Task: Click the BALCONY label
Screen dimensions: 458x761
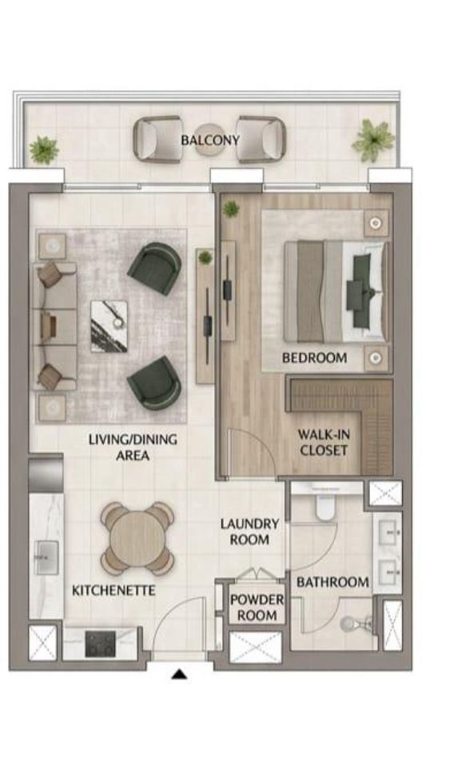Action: (x=210, y=140)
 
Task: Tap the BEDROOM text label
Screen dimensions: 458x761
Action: (x=314, y=358)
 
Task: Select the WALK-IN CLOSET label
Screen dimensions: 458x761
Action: (x=324, y=442)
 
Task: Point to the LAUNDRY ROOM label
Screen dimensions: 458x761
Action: (x=249, y=532)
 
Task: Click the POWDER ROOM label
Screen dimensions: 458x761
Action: (x=257, y=608)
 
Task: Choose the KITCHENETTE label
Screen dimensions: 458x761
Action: (x=114, y=591)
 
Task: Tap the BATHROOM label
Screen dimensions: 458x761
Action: (x=333, y=582)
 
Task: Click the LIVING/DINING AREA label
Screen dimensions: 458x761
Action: (x=133, y=448)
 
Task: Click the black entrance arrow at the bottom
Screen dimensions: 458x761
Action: (x=180, y=674)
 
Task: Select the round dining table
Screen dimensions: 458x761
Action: (x=137, y=538)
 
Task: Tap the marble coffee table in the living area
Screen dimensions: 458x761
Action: (x=110, y=326)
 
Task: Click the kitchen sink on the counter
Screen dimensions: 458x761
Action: (x=47, y=558)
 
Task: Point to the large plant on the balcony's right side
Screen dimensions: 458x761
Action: (x=373, y=140)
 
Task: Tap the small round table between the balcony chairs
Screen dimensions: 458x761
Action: (x=209, y=140)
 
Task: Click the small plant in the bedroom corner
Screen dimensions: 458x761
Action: (x=231, y=209)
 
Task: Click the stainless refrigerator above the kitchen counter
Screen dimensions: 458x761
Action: (x=46, y=473)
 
